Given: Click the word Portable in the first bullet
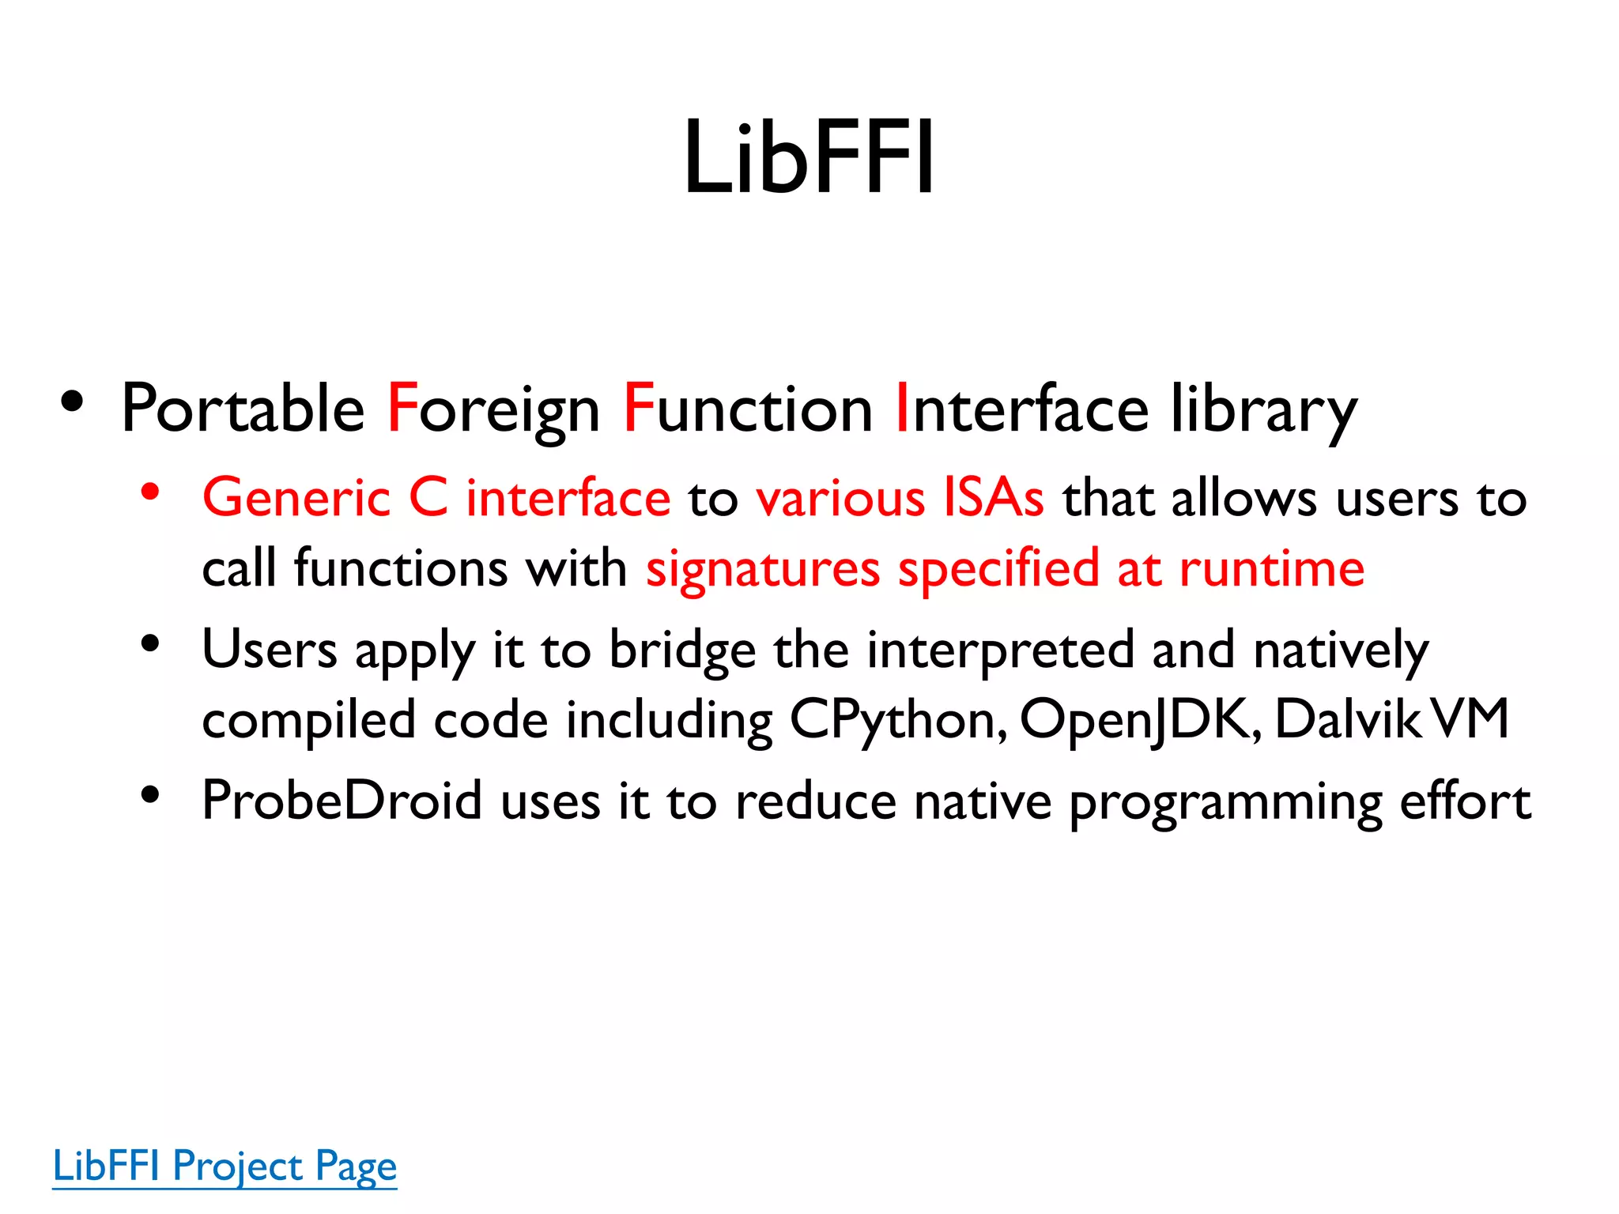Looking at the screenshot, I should click(x=243, y=409).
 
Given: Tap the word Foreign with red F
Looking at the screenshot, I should click(x=493, y=409).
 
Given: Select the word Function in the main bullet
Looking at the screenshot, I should click(x=748, y=409).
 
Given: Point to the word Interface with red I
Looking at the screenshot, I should click(x=1021, y=409).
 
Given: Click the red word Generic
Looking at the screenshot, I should click(x=296, y=498).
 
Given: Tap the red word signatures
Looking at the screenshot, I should click(x=763, y=569).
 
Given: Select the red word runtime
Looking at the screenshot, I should click(x=1272, y=569).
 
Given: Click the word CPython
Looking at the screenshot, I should click(x=898, y=721).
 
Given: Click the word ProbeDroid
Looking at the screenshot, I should click(x=342, y=801).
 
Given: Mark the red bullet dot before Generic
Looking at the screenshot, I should click(x=150, y=492).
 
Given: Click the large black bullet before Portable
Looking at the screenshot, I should click(x=72, y=402).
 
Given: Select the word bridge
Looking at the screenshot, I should click(x=682, y=650).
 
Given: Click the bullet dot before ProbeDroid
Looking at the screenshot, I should click(x=150, y=795).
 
